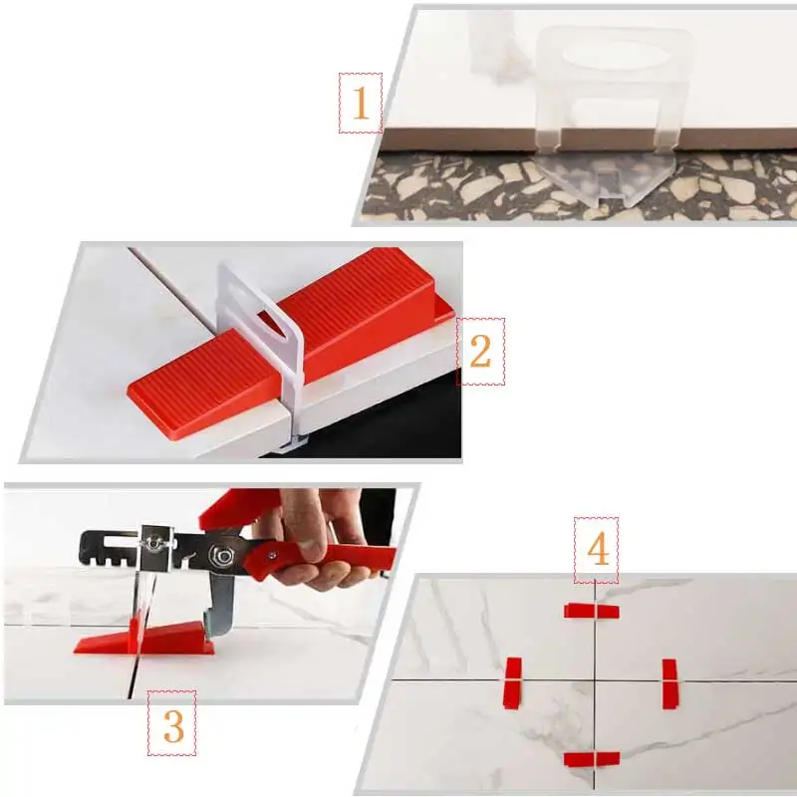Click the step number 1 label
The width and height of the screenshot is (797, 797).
(361, 103)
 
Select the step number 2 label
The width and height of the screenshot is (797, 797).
(480, 351)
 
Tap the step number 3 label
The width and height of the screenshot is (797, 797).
(172, 726)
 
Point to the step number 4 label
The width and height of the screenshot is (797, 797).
(596, 549)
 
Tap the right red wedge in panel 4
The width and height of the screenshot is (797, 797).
(669, 683)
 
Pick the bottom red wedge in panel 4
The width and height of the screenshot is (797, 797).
(592, 759)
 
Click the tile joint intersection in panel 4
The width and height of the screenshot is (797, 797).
(595, 680)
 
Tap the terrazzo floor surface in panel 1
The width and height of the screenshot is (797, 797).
(448, 189)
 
